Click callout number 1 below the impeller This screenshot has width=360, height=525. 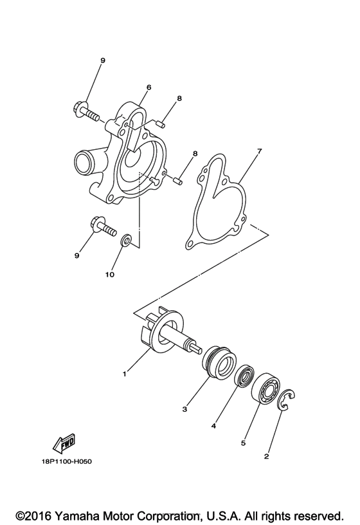(124, 372)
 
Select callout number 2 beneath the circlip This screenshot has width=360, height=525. (267, 457)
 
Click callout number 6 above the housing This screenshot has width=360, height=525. (148, 87)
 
